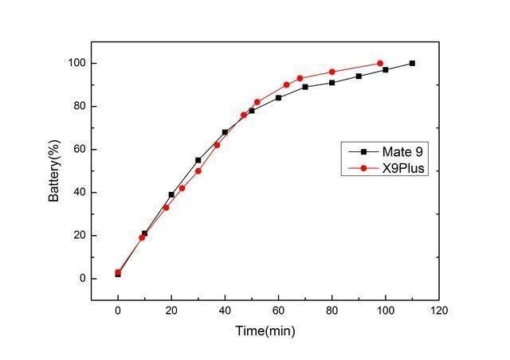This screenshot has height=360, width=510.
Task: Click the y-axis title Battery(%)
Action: (53, 170)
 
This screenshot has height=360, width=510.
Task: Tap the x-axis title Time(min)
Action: (265, 329)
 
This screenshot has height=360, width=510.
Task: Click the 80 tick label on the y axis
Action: (77, 107)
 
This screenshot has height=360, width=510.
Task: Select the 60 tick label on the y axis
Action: (77, 150)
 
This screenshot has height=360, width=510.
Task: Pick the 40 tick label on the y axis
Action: (77, 193)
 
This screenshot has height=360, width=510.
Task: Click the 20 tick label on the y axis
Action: (77, 236)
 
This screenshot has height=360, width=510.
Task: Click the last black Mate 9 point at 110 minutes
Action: (412, 63)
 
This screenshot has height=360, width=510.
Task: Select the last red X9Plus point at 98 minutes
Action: (380, 63)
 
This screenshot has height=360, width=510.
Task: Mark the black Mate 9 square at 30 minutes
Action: (198, 160)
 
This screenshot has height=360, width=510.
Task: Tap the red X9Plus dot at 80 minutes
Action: (331, 72)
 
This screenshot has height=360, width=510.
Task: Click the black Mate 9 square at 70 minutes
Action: (305, 87)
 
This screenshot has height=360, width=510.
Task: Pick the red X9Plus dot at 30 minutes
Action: (198, 170)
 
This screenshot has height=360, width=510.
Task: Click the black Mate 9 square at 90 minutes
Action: (359, 76)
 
